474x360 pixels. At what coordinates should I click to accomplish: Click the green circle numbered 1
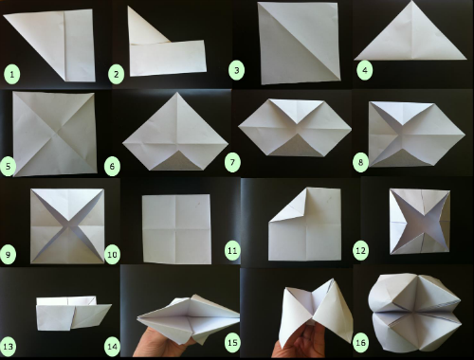[12, 75]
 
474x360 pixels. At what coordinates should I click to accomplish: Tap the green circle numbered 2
[117, 75]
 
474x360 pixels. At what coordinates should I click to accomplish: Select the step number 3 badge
[237, 70]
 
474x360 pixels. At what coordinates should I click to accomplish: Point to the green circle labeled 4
[365, 70]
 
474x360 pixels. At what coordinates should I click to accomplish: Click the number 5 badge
[8, 166]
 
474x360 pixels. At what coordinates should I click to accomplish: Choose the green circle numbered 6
[112, 166]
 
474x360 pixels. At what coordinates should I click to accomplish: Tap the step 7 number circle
[232, 163]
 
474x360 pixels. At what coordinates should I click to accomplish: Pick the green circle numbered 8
[360, 163]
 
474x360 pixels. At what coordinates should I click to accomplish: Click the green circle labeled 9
[8, 254]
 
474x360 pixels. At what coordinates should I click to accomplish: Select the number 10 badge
[113, 254]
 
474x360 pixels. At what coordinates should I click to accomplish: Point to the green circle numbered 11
[232, 251]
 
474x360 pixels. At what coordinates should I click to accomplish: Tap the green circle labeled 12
[360, 251]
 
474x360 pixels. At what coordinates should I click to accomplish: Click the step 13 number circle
[8, 347]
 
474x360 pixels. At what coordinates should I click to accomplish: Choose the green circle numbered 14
[113, 347]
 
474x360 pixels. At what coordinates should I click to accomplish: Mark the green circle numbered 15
[232, 342]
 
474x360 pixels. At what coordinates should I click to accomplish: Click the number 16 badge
[360, 342]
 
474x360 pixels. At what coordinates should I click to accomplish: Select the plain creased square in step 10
[176, 229]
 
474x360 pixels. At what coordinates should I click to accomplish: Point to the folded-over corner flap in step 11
[292, 206]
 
